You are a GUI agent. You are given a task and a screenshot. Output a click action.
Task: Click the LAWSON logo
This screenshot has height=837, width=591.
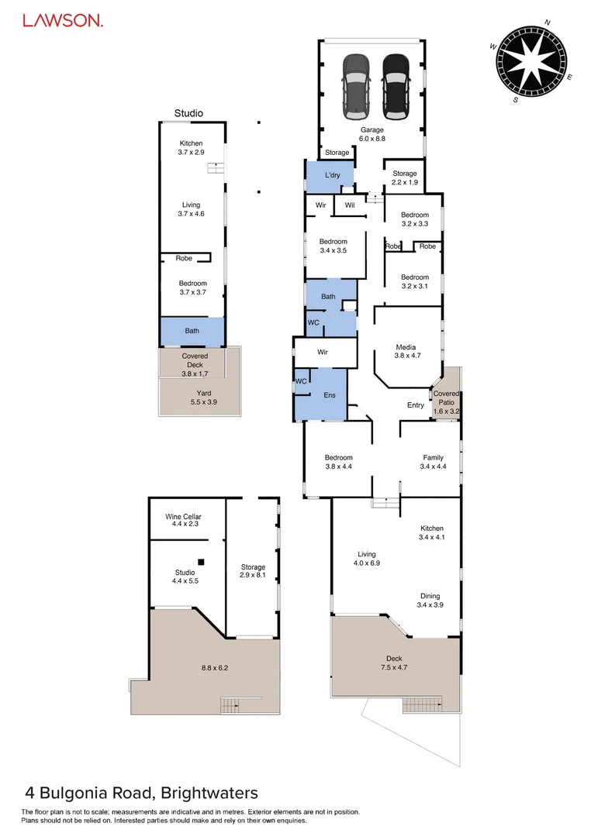(x=62, y=21)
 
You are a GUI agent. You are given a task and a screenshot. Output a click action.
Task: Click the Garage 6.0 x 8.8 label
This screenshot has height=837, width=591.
(x=372, y=134)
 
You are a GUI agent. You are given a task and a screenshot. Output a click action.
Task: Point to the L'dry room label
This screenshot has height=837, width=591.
(x=332, y=176)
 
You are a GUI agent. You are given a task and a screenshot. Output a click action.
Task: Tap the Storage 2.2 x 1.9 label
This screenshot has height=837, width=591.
(x=405, y=178)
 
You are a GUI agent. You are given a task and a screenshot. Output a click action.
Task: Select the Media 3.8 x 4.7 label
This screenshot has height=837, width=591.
(x=406, y=352)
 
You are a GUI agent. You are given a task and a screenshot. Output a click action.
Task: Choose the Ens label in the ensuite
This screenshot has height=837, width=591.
(x=330, y=395)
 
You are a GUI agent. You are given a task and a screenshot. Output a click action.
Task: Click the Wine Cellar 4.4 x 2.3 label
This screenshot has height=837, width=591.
(x=183, y=520)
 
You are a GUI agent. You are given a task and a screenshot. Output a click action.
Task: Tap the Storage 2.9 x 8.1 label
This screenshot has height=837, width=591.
(x=253, y=571)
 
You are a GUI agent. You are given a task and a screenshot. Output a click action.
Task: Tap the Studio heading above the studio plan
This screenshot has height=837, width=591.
(x=188, y=113)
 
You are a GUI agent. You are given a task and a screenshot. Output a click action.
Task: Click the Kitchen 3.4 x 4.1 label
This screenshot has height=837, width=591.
(x=432, y=532)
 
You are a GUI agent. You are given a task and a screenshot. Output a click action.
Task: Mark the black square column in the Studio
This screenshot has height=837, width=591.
(x=201, y=561)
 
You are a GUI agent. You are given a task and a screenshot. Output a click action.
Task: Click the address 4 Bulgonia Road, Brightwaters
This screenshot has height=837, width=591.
(x=141, y=793)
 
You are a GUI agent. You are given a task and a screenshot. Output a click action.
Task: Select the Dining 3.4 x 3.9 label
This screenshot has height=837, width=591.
(x=430, y=601)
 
